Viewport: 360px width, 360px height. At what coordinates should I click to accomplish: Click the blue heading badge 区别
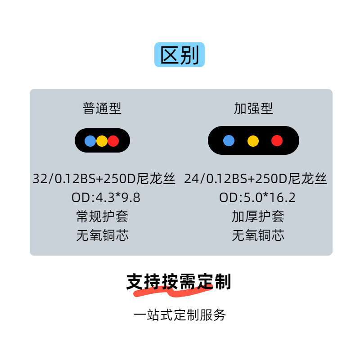180,55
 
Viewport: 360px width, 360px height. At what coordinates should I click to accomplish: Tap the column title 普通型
102,108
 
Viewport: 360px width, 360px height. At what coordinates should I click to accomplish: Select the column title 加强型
253,108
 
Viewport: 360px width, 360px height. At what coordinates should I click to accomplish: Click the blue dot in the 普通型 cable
90,141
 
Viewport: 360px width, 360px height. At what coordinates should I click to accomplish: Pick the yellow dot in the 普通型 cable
102,141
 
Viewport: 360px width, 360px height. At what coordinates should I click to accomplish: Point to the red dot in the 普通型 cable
113,141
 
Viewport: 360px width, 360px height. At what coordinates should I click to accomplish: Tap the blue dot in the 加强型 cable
229,140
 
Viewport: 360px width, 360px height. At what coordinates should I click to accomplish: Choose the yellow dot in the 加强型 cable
253,140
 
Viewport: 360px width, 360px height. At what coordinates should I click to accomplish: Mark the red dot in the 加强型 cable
277,140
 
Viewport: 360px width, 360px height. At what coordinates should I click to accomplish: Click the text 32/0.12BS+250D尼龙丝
104,179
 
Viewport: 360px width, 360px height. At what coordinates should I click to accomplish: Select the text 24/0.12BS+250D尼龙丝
256,179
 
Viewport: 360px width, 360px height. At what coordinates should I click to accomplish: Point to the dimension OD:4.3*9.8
103,198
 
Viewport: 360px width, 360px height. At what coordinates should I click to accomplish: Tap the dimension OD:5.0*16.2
257,198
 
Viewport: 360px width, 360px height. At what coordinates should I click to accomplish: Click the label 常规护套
102,216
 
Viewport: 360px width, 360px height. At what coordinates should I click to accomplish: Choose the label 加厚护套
258,216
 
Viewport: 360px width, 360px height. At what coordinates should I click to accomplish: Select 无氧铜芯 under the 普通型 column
102,235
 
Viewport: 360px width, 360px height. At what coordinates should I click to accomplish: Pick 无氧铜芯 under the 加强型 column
258,235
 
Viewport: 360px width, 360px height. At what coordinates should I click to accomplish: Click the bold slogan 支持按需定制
179,282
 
